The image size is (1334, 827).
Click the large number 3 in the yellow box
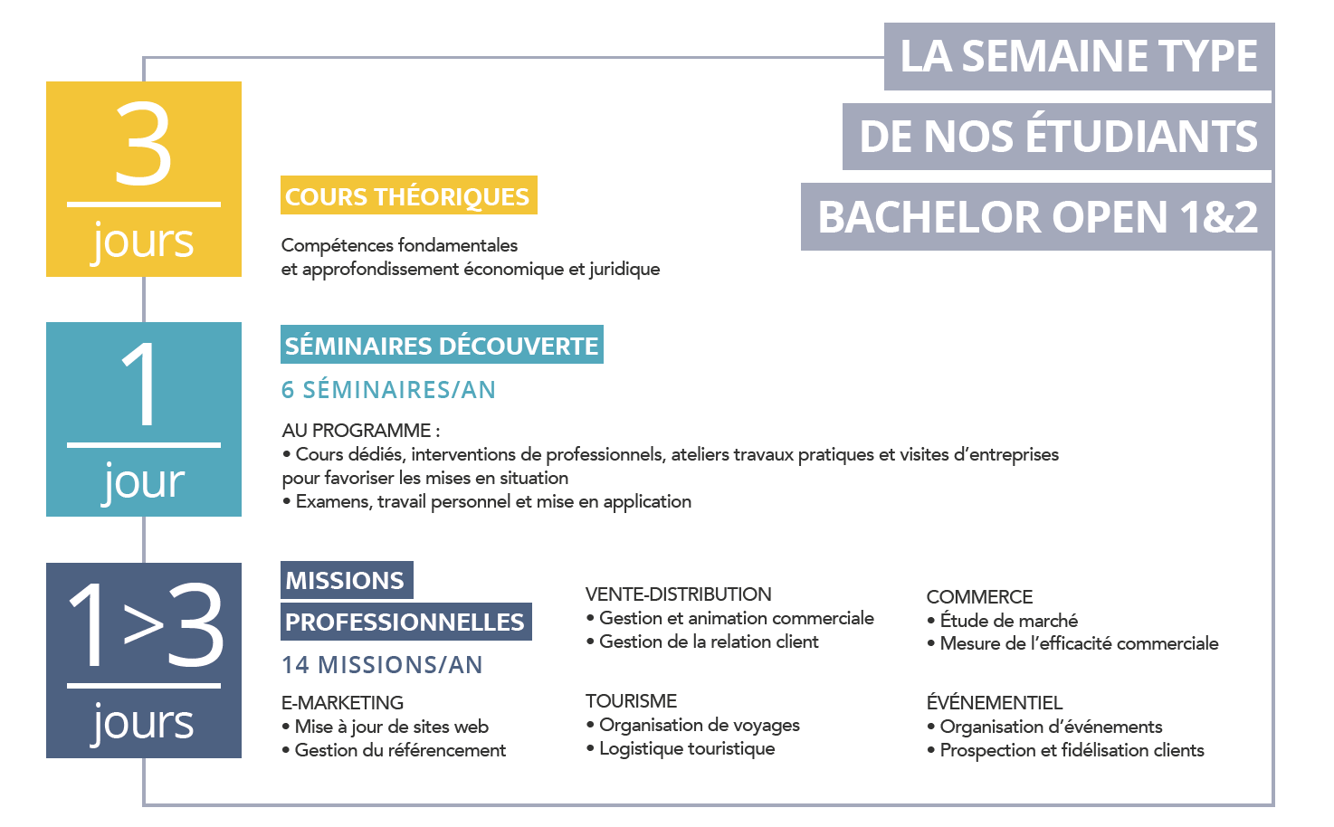pyautogui.click(x=143, y=143)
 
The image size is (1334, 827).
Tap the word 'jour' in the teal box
pyautogui.click(x=143, y=481)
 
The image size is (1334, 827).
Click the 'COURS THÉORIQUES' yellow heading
pyautogui.click(x=408, y=195)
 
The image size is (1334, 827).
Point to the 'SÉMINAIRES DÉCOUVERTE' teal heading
pyautogui.click(x=442, y=345)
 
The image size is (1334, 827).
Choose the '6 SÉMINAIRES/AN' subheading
pyautogui.click(x=388, y=390)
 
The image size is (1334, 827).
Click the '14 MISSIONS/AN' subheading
pyautogui.click(x=382, y=665)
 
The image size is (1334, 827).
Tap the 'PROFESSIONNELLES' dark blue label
pyautogui.click(x=406, y=622)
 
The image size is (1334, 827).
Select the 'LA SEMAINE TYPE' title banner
pyautogui.click(x=1079, y=57)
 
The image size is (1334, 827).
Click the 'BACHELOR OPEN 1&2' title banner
pyautogui.click(x=1037, y=217)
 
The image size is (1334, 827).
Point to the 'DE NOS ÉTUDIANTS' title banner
pyautogui.click(x=1058, y=137)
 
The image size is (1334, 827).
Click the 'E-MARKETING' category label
pyautogui.click(x=342, y=702)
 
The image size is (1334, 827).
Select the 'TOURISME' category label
pyautogui.click(x=632, y=700)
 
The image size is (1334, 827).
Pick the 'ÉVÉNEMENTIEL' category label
pyautogui.click(x=995, y=702)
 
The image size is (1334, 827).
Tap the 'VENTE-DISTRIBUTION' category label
pyautogui.click(x=679, y=594)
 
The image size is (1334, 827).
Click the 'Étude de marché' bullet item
pyautogui.click(x=1002, y=620)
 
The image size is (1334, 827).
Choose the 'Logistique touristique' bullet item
pyautogui.click(x=681, y=748)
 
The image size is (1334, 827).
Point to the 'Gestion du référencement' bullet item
pyautogui.click(x=394, y=750)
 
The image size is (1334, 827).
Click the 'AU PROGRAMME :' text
pyautogui.click(x=361, y=431)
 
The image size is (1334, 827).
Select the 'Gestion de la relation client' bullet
pyautogui.click(x=702, y=642)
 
